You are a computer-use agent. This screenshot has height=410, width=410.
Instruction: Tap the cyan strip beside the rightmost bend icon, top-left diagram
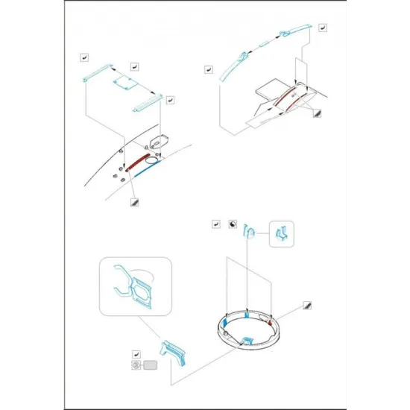pyautogui.click(x=147, y=97)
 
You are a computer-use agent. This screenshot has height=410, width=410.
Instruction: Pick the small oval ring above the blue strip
pyautogui.click(x=152, y=159)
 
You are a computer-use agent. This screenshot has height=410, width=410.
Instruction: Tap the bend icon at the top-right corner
pyautogui.click(x=322, y=28)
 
